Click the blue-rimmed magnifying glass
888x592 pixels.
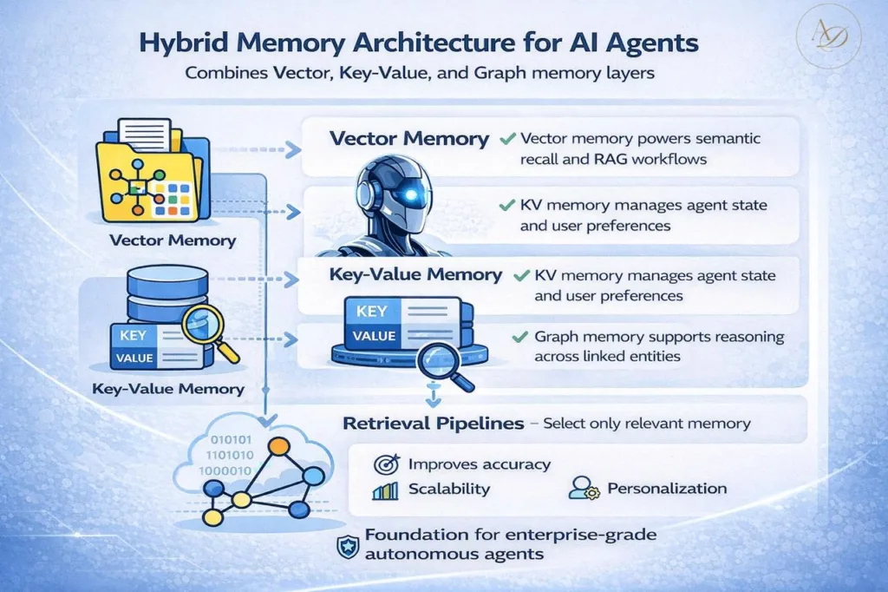(x=440, y=362)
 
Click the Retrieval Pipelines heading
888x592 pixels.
(x=434, y=424)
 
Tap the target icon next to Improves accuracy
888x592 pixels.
(x=384, y=464)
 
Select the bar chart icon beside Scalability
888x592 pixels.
(x=384, y=490)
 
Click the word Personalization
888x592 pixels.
(x=667, y=488)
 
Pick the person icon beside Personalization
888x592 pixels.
(x=580, y=488)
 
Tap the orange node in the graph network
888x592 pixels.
(x=279, y=446)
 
